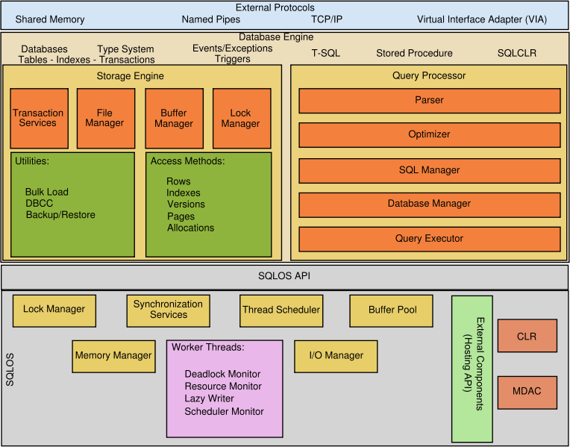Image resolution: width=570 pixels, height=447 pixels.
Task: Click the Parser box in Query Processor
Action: (429, 100)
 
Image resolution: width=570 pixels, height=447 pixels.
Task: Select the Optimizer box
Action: (429, 134)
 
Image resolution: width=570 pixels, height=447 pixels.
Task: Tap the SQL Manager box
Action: (429, 170)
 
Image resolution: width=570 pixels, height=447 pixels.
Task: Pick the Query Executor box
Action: (429, 239)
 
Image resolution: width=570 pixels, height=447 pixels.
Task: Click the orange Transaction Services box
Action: (39, 118)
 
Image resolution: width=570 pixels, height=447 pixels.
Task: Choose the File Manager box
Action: (105, 118)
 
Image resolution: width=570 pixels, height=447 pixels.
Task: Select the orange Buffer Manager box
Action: (174, 118)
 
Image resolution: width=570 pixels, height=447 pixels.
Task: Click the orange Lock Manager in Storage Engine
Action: (241, 118)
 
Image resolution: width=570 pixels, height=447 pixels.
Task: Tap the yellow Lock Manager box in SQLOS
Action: (54, 310)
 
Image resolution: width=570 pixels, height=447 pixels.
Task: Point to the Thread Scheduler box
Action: (281, 310)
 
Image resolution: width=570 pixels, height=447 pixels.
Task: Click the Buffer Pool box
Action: (392, 310)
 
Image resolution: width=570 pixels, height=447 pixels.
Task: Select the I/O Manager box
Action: (336, 356)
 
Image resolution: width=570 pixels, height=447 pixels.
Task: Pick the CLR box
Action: (527, 336)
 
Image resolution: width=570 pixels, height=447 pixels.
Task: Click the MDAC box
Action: (527, 392)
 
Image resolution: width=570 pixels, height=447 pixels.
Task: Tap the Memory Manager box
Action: (113, 356)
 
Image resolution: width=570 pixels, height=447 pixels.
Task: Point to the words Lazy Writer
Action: (210, 398)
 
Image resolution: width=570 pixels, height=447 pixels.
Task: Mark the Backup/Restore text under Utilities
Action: (60, 215)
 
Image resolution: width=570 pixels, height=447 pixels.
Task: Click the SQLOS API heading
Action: (284, 276)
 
